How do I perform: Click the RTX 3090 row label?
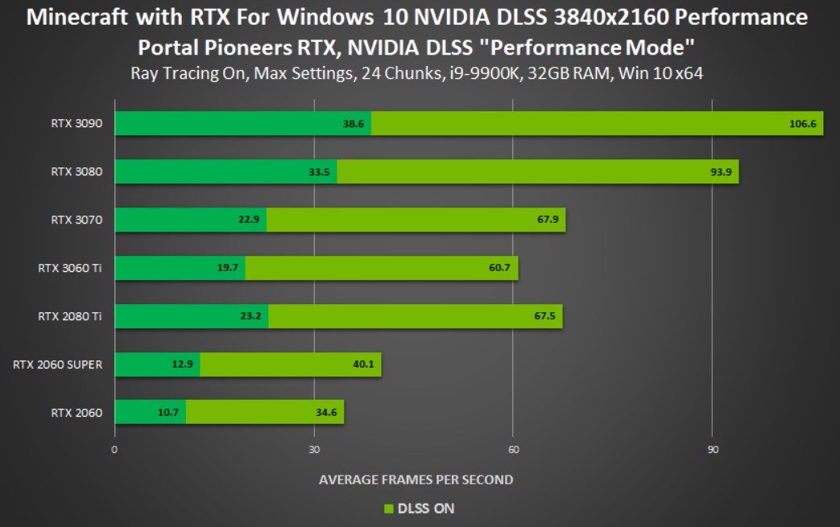(77, 124)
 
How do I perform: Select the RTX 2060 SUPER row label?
(57, 365)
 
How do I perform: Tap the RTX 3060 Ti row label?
(70, 269)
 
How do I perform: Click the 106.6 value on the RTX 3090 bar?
(803, 124)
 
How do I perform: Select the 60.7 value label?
(499, 269)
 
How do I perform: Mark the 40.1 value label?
(362, 365)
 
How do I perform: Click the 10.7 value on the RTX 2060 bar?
(168, 414)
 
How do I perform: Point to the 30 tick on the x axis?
(314, 449)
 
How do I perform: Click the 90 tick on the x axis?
(712, 449)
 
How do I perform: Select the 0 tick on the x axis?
(114, 449)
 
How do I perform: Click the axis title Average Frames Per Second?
(416, 480)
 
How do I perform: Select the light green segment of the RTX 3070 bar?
(416, 220)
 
